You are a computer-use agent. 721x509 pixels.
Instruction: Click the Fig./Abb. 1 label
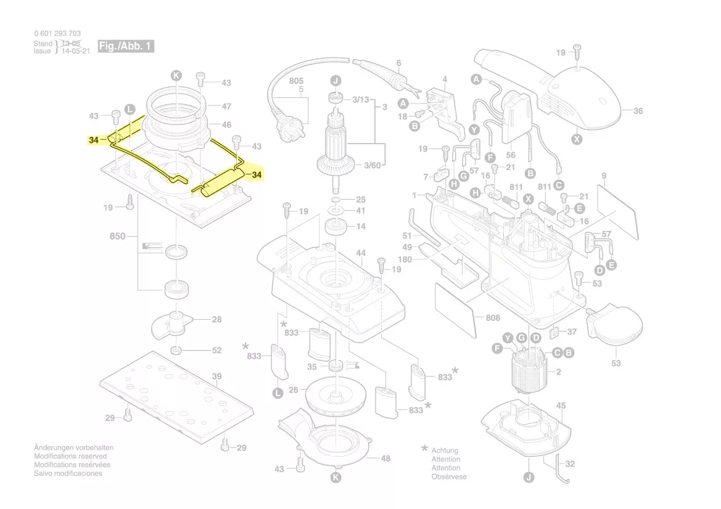tap(126, 46)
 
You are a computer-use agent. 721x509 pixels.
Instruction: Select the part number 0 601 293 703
tap(57, 33)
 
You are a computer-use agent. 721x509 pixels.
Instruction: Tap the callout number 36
tap(638, 112)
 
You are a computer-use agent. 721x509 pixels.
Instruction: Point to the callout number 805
tap(296, 81)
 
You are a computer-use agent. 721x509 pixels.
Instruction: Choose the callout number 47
tap(226, 107)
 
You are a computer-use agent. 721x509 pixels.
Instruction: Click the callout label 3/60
tap(372, 165)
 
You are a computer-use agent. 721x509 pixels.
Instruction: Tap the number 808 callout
tap(493, 319)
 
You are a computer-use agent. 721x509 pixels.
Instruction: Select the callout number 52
tap(216, 351)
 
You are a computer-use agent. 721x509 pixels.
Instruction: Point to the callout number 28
tap(216, 319)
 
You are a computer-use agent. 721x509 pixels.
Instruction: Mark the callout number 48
tap(385, 458)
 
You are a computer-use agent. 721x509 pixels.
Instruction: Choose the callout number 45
tap(561, 405)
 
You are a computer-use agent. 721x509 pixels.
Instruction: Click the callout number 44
tap(361, 253)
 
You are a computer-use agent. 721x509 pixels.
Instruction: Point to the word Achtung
tap(445, 451)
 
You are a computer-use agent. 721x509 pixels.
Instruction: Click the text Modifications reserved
tap(70, 457)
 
